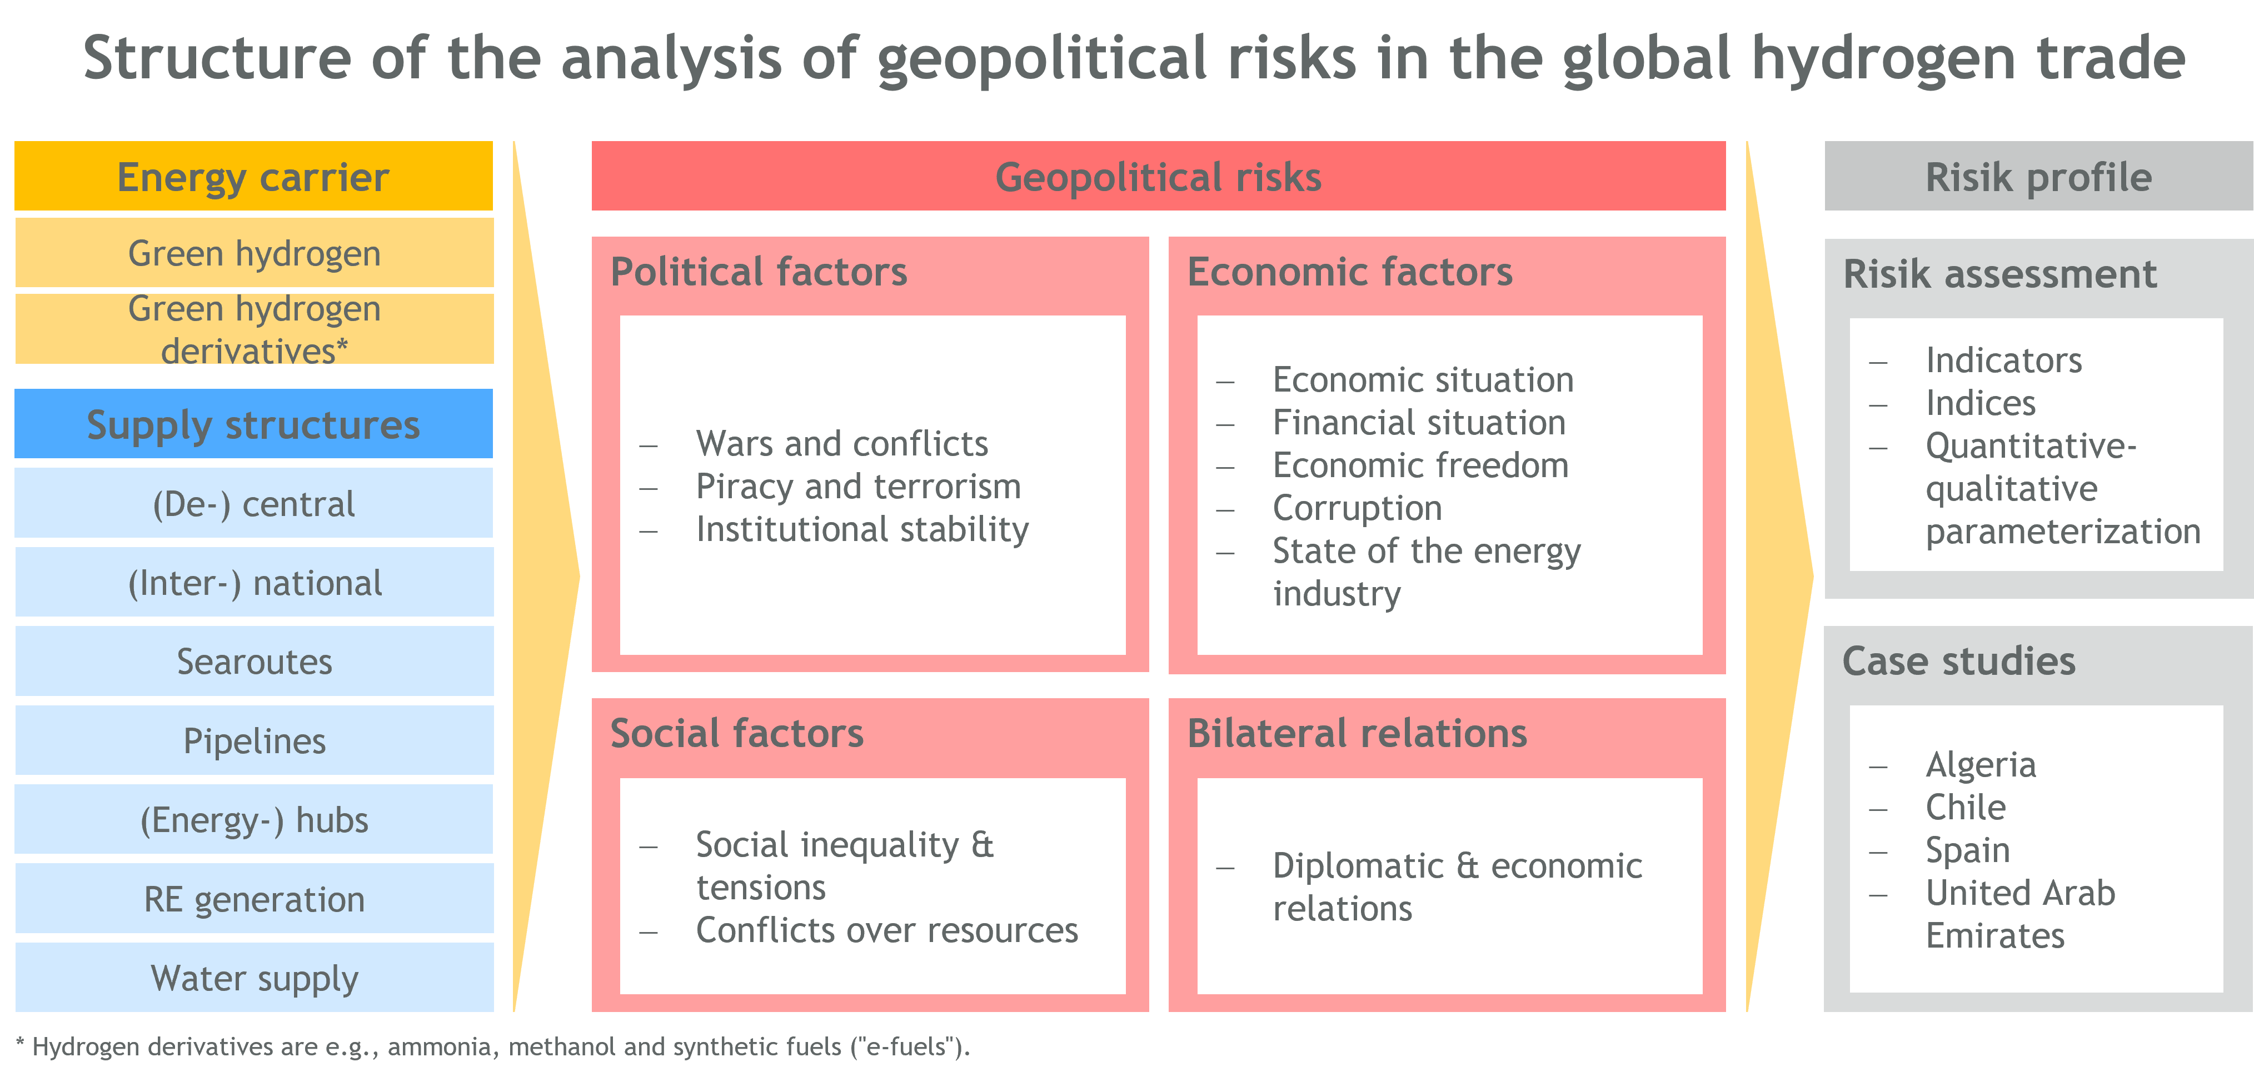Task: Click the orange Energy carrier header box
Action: click(254, 176)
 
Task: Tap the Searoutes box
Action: click(255, 662)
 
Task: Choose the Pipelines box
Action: click(255, 740)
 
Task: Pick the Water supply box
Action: click(255, 977)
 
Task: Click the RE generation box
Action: click(255, 899)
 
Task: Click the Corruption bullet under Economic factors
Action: click(1357, 508)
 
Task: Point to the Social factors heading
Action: click(737, 733)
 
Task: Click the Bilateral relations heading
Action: click(1357, 733)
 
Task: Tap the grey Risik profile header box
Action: click(2039, 176)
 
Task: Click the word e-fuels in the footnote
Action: click(906, 1046)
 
